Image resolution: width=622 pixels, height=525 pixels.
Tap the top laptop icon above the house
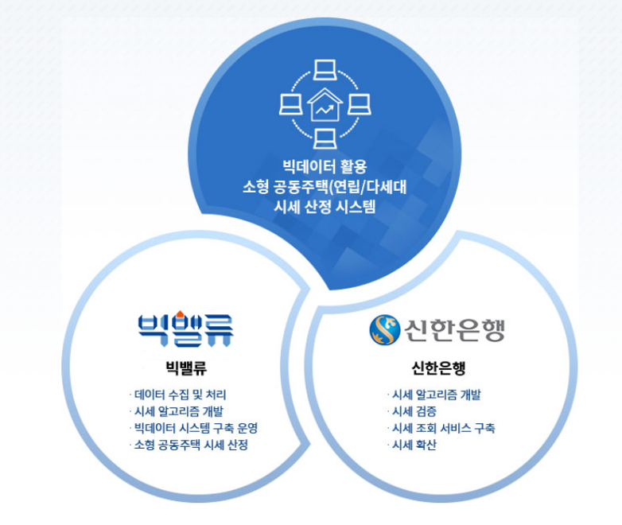325,70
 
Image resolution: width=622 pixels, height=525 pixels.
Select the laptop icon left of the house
291,104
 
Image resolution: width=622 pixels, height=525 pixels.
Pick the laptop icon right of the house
359,104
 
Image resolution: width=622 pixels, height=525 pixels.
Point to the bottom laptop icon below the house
325,138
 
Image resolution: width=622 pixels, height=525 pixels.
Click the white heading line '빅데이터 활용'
325,167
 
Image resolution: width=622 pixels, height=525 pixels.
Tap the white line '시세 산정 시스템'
325,207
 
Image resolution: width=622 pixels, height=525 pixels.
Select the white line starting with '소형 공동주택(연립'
325,187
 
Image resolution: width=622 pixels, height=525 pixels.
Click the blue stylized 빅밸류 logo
185,329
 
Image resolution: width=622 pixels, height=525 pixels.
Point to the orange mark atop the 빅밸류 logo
180,314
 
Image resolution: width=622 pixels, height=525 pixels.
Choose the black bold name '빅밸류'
186,367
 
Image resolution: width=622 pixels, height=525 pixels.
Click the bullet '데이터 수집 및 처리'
180,395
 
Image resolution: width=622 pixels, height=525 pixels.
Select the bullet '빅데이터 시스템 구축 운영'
196,428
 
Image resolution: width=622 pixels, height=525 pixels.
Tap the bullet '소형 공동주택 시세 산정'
191,445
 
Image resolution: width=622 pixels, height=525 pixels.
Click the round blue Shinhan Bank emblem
385,329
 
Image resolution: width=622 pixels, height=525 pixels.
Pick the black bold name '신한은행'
438,367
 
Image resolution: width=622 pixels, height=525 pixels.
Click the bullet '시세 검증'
414,411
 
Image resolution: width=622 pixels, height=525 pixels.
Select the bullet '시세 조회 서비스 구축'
444,428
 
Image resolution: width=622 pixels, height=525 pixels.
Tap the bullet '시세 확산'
414,445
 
